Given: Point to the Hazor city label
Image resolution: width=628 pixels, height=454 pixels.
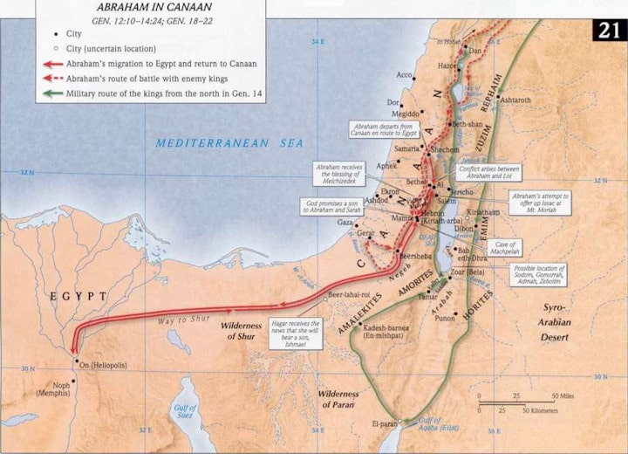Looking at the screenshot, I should tap(447, 65).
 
